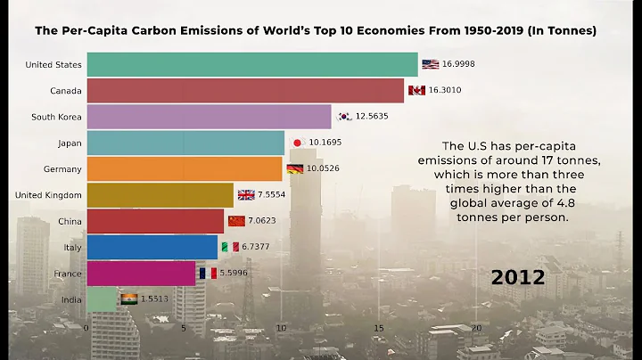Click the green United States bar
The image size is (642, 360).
click(x=251, y=64)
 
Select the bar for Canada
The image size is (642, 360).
click(x=245, y=90)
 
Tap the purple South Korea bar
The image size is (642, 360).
click(x=209, y=117)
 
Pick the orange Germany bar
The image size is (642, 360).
click(x=185, y=168)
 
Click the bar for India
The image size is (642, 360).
click(x=102, y=299)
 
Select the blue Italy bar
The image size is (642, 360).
click(x=152, y=247)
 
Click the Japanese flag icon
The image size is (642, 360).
click(x=299, y=143)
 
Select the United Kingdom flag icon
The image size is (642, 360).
click(x=246, y=195)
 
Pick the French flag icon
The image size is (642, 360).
click(x=208, y=274)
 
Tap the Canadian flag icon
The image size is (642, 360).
click(x=416, y=90)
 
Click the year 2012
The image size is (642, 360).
click(x=518, y=278)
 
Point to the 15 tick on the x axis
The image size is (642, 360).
click(x=379, y=328)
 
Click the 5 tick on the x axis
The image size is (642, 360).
click(x=184, y=328)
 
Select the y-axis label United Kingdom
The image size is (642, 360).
click(x=49, y=195)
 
